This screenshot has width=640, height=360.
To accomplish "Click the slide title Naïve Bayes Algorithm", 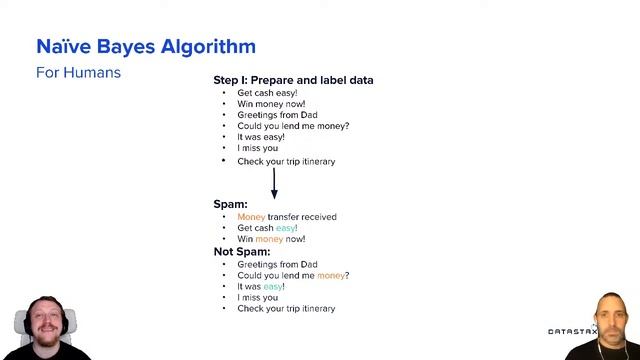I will pyautogui.click(x=146, y=46).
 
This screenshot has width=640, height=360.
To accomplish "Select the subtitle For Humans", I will pyautogui.click(x=78, y=73).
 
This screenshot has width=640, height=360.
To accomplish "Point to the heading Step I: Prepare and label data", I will pyautogui.click(x=293, y=80).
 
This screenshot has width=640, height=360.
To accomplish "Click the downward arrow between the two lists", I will pyautogui.click(x=274, y=184).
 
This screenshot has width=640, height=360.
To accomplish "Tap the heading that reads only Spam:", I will pyautogui.click(x=230, y=204).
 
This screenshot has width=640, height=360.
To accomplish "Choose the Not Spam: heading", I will pyautogui.click(x=242, y=252).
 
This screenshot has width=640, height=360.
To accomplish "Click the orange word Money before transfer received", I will pyautogui.click(x=251, y=217).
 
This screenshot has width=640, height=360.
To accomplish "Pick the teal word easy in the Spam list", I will pyautogui.click(x=286, y=228).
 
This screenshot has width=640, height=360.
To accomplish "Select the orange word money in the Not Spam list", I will pyautogui.click(x=332, y=275).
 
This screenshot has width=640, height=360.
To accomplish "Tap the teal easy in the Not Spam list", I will pyautogui.click(x=273, y=286).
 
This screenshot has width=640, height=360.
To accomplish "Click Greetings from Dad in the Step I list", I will pyautogui.click(x=277, y=115).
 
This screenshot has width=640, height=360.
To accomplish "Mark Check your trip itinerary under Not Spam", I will pyautogui.click(x=286, y=309).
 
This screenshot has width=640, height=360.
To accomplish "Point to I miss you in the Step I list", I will pyautogui.click(x=258, y=149).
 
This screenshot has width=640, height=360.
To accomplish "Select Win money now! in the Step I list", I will pyautogui.click(x=271, y=104).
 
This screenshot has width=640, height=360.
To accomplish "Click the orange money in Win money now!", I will pyautogui.click(x=269, y=239).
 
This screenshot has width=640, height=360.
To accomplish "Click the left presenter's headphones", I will pyautogui.click(x=24, y=323).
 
